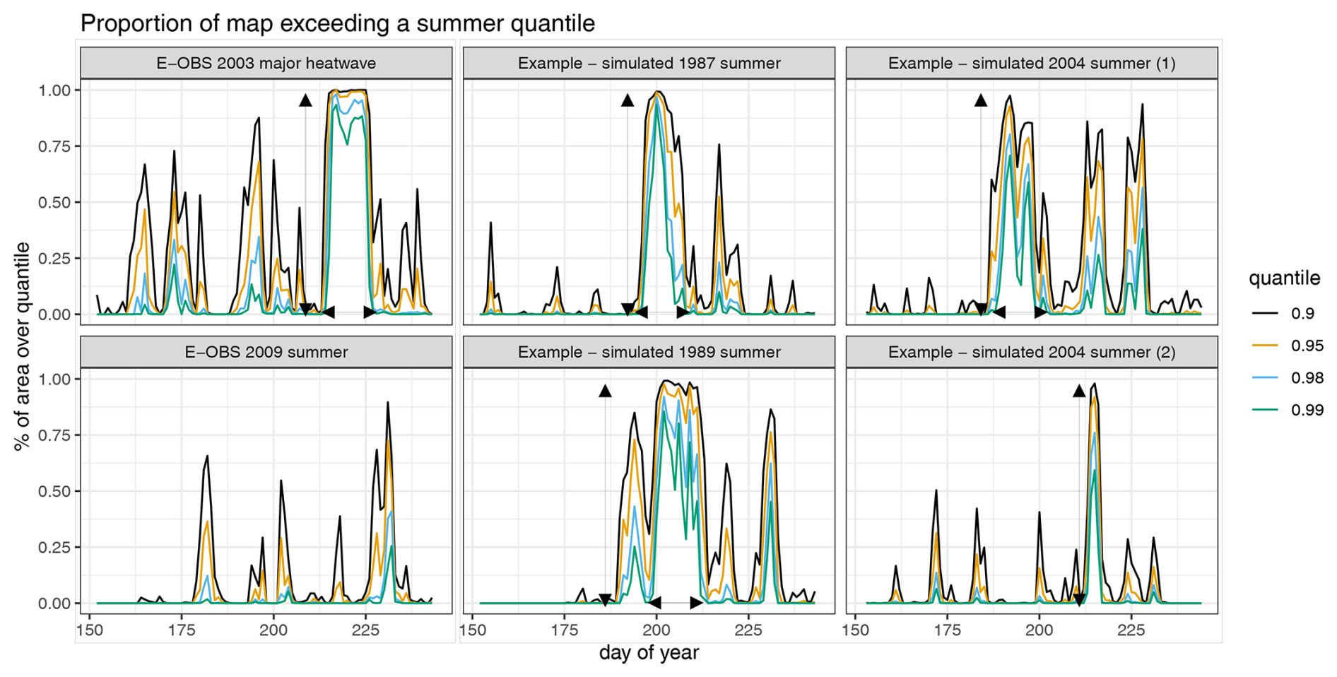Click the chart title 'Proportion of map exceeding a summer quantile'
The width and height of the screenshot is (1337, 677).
(x=337, y=23)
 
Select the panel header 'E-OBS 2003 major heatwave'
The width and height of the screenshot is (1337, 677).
(x=266, y=64)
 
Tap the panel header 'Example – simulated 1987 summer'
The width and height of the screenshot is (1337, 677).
(x=649, y=64)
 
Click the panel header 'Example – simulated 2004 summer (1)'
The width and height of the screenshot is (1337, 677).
(x=1032, y=64)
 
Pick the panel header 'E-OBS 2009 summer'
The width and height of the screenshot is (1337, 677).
(x=266, y=352)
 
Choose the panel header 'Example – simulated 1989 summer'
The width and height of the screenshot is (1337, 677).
(x=649, y=352)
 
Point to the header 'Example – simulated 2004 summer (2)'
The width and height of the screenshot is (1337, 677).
(x=1032, y=352)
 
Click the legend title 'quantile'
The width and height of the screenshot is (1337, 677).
(x=1284, y=278)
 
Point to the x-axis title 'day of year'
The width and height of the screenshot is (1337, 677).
(x=649, y=652)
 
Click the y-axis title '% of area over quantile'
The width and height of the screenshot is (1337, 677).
(x=22, y=346)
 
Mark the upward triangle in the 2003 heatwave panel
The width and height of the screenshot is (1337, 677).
(x=305, y=100)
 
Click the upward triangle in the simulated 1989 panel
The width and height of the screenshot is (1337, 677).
(x=605, y=391)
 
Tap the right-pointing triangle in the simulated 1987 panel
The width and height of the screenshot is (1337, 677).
(x=683, y=312)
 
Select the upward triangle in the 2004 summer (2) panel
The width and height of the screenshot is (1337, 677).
(x=1079, y=391)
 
